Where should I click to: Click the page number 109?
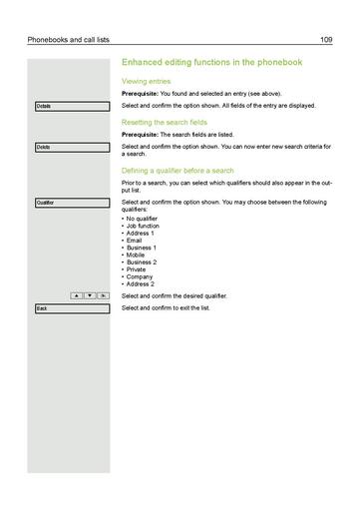click(325, 39)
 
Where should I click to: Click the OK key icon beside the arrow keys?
click(105, 295)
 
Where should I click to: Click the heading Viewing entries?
click(146, 81)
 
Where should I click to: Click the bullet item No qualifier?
click(143, 218)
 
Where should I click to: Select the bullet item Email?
click(136, 240)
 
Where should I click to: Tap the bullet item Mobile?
click(137, 255)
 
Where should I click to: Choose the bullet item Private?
click(138, 269)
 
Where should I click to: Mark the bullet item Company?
click(140, 276)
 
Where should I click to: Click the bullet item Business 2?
click(142, 261)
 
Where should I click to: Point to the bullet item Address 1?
click(141, 233)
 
